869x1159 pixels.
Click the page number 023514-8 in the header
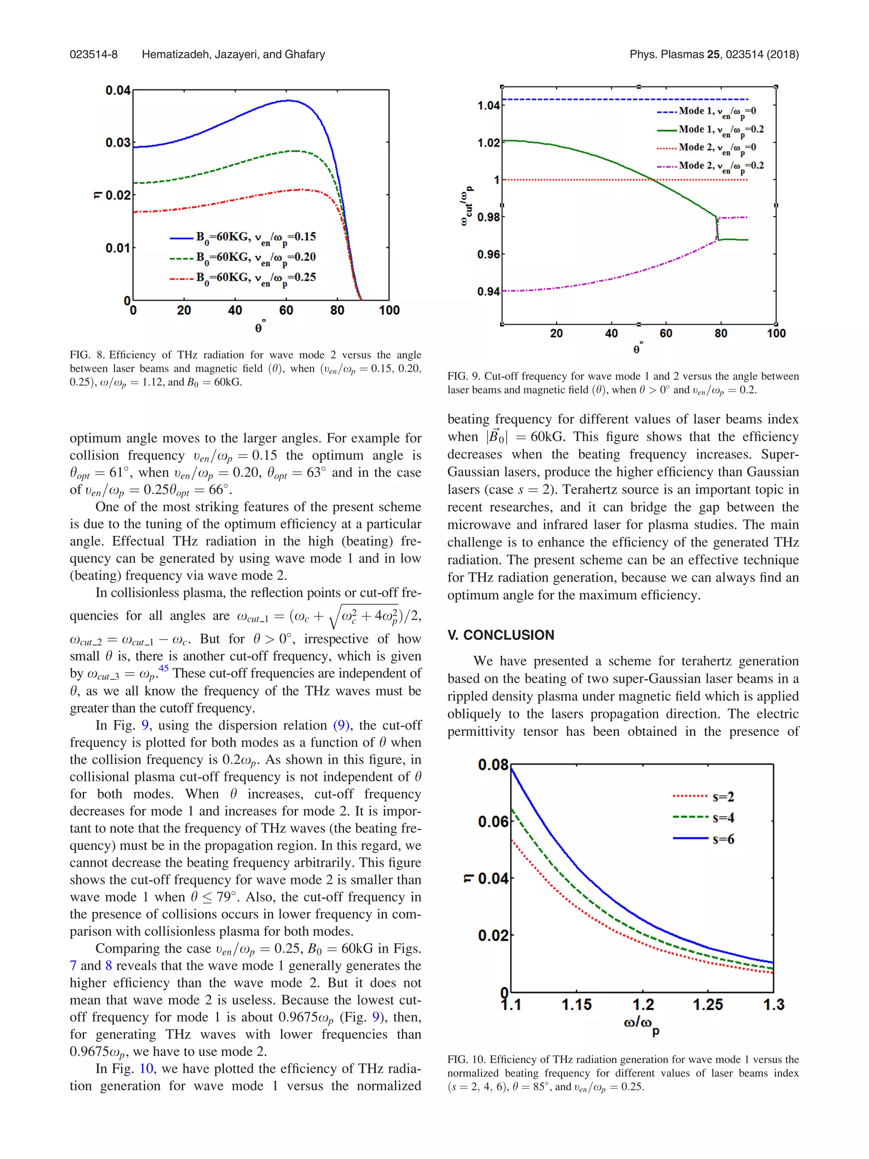click(93, 54)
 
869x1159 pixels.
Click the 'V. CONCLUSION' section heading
click(500, 635)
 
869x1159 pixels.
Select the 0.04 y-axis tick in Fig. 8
click(118, 91)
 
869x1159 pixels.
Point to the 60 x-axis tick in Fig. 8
click(286, 310)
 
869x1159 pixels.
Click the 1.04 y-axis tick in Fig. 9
click(488, 106)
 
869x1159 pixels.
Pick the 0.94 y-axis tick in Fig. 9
click(488, 291)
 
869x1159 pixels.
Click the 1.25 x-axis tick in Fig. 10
click(708, 1005)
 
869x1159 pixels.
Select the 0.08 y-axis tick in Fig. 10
click(493, 765)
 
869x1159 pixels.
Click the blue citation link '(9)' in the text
click(342, 725)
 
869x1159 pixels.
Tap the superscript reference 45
click(163, 668)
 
